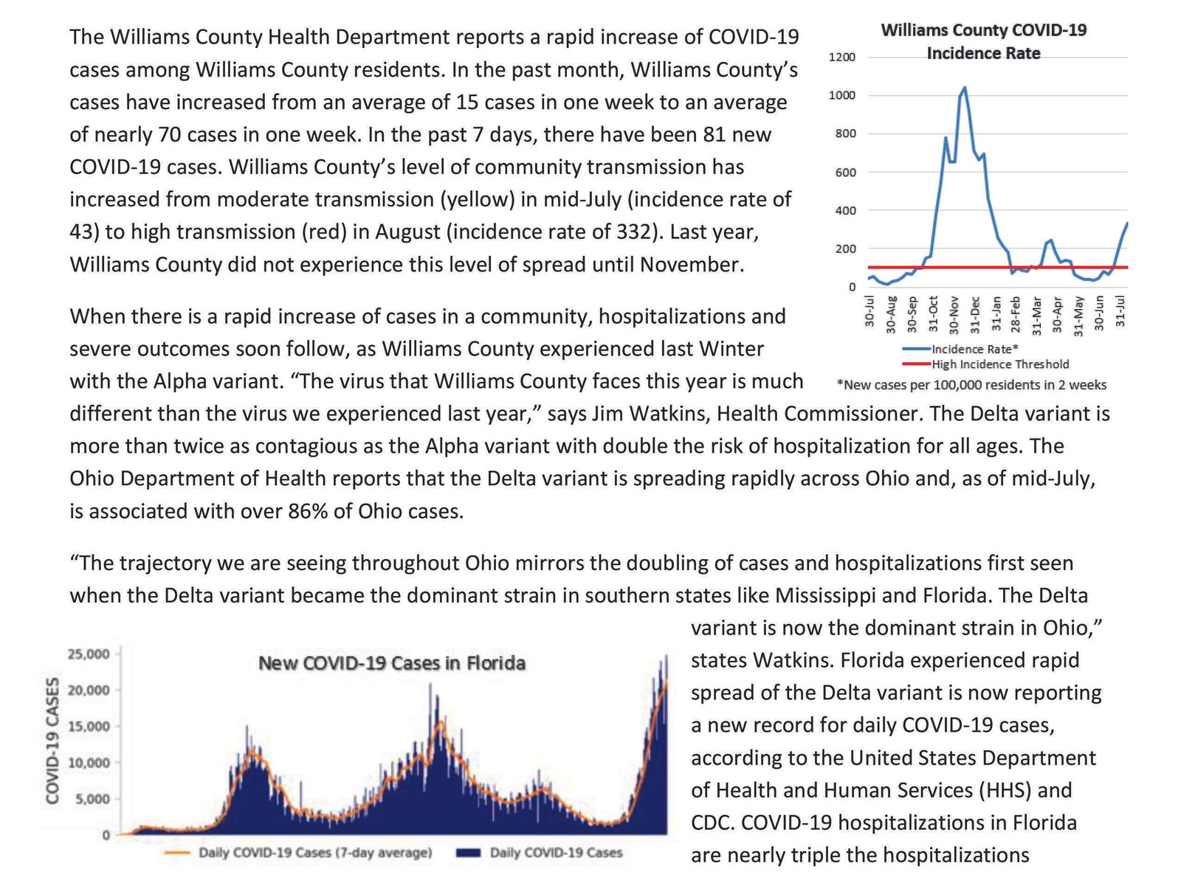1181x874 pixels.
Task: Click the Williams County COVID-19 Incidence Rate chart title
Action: click(x=983, y=41)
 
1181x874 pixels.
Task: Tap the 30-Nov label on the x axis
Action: click(x=954, y=315)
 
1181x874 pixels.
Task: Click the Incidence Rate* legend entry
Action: click(x=960, y=349)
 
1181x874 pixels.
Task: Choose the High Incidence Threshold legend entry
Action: click(x=985, y=364)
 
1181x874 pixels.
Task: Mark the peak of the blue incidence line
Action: click(x=965, y=87)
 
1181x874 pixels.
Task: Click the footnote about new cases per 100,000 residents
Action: click(x=972, y=385)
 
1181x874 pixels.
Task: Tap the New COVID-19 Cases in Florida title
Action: click(x=392, y=663)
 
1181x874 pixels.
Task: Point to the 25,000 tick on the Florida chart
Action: click(x=89, y=653)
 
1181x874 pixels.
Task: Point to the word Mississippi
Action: click(x=825, y=595)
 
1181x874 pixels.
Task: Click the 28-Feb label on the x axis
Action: click(x=1016, y=315)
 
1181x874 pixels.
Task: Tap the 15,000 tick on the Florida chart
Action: click(x=89, y=726)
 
